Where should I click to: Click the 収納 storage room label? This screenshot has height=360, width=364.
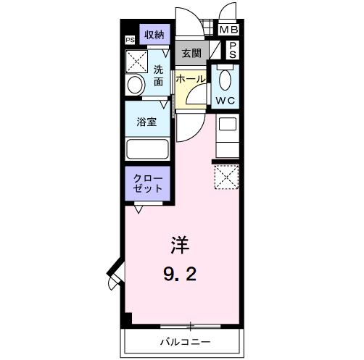(x=154, y=35)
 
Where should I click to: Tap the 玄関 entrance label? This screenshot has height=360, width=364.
(x=191, y=53)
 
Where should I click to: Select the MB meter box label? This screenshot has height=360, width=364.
(x=228, y=30)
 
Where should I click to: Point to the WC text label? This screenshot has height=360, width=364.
(x=225, y=100)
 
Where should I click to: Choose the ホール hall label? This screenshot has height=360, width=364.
(x=191, y=79)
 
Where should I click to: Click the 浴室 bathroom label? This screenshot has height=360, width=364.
(x=146, y=122)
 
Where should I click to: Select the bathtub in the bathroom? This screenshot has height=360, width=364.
(x=147, y=149)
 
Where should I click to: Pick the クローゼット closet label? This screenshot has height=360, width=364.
(x=147, y=183)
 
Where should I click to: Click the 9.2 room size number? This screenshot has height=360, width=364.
(x=180, y=274)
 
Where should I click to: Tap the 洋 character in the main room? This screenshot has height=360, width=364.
(x=180, y=245)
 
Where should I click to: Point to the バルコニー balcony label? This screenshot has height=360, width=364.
(x=186, y=341)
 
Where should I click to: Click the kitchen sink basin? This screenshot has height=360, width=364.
(x=228, y=124)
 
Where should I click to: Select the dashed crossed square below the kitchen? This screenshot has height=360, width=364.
(x=227, y=177)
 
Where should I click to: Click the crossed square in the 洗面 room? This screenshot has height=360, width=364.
(x=136, y=62)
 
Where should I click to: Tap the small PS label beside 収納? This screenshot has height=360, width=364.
(x=130, y=40)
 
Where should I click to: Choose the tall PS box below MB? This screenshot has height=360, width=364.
(x=233, y=50)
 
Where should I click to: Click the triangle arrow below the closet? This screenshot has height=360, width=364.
(x=138, y=209)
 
